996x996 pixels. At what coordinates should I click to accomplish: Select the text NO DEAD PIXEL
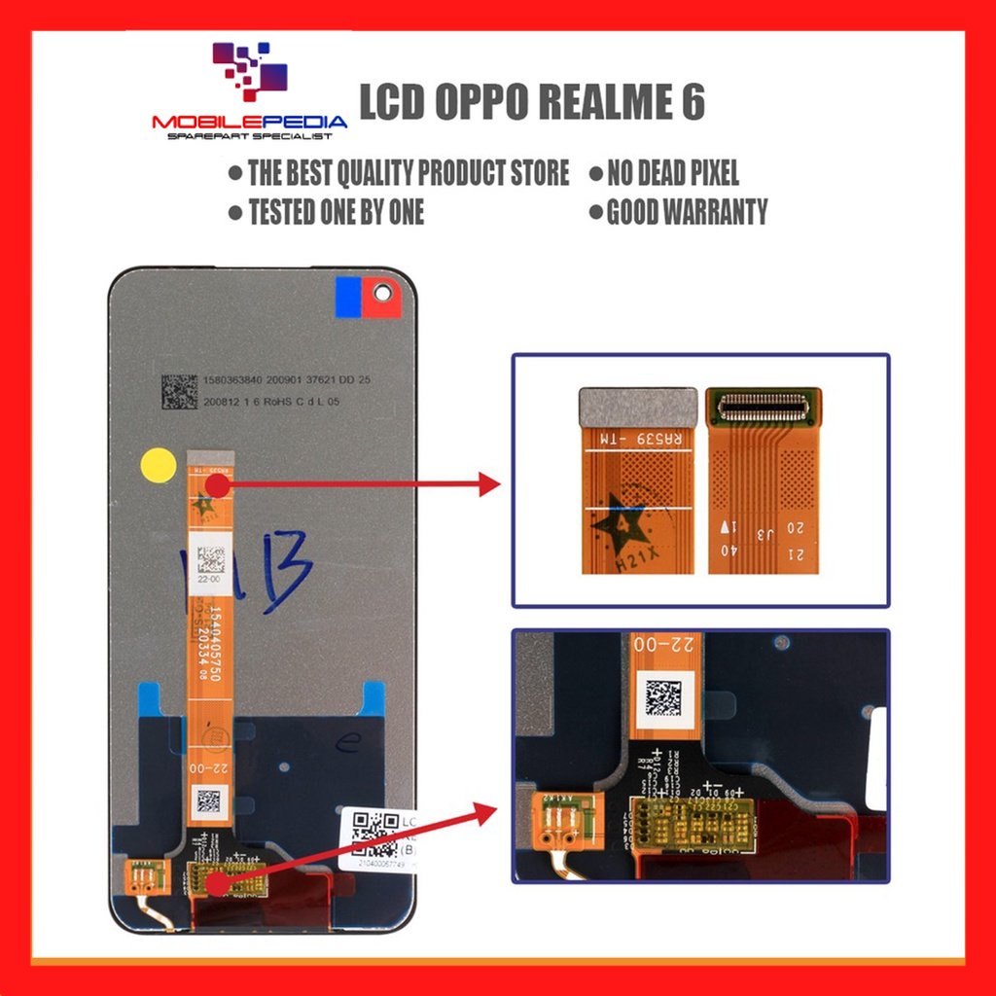click(x=672, y=173)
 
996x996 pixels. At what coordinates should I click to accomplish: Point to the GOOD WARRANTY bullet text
click(x=687, y=211)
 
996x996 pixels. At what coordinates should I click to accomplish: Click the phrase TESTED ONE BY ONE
click(x=336, y=211)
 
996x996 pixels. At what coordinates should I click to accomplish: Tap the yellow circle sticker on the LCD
click(x=158, y=464)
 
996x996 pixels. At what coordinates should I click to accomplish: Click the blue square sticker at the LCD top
click(x=348, y=297)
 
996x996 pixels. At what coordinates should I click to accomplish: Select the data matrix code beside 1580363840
click(x=180, y=390)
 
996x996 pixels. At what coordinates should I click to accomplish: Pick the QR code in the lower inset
click(x=664, y=698)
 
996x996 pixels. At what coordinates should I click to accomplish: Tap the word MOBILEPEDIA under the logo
click(x=249, y=123)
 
